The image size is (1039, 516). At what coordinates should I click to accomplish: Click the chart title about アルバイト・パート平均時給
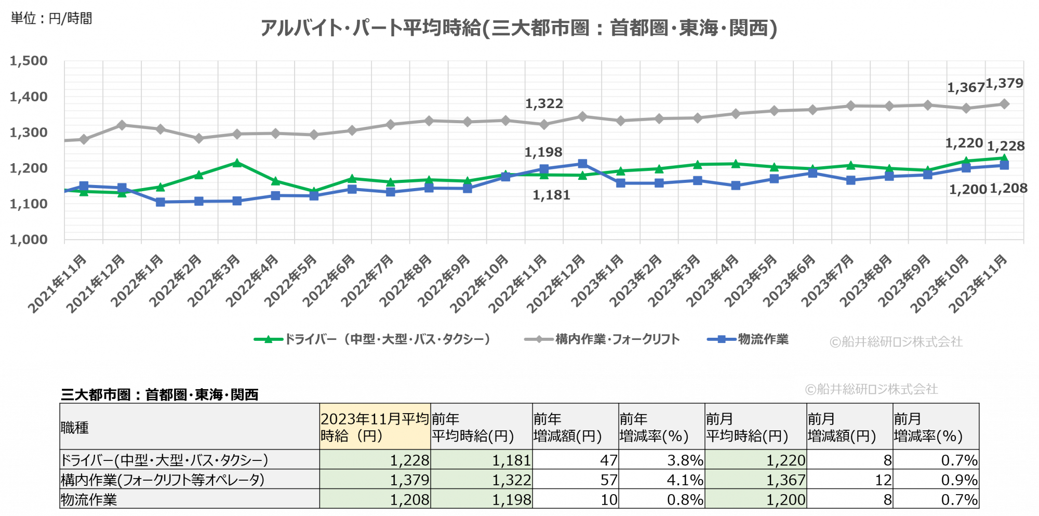coord(518,28)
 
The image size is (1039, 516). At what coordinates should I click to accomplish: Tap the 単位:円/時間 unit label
coord(51,18)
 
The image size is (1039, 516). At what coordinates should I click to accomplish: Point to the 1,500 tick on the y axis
coord(29,61)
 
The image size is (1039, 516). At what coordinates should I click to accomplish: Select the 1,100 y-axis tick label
coord(29,204)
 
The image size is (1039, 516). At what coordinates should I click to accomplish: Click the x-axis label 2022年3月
coord(214,281)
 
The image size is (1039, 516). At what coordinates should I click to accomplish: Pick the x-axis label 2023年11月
coord(978,283)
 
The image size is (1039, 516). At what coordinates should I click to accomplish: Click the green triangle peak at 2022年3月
coord(237,163)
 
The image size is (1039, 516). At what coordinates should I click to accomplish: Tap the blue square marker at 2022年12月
coord(582,164)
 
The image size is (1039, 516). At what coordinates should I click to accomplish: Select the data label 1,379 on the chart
coord(1004,83)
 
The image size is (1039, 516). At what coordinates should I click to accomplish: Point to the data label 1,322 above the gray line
coord(544,103)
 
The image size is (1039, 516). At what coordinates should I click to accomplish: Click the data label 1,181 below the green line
coord(551,195)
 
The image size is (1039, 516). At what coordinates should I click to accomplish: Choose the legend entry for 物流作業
coord(748,339)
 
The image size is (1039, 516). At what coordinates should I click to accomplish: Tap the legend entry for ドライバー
coord(372,339)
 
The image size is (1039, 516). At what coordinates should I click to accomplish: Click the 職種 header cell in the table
coord(75,427)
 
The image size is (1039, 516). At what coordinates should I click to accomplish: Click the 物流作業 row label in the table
coord(89,499)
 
